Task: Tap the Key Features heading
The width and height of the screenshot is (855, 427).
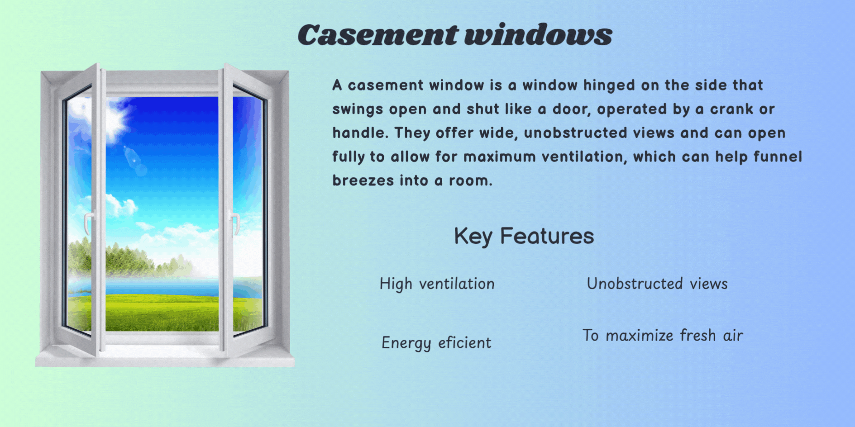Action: coord(524,236)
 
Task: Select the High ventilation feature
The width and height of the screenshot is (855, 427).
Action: coord(437,284)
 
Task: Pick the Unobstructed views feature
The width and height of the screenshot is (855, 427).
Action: coord(657,284)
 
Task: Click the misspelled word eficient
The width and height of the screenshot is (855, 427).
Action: coord(464,343)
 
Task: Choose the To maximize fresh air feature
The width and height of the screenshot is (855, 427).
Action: coord(663,336)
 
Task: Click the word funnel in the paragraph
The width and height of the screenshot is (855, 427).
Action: coord(778,157)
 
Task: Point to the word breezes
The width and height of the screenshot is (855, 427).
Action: coord(363,180)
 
